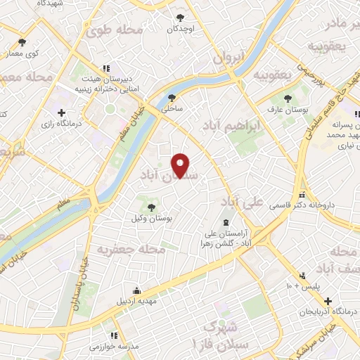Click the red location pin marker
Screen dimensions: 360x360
pos(181,166)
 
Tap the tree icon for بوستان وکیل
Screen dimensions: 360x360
pos(150,206)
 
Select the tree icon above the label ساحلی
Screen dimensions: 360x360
pos(172,98)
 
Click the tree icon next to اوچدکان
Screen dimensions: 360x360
pos(181,17)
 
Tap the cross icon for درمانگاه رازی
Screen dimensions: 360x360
pos(62,112)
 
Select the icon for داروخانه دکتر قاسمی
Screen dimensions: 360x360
pos(303,195)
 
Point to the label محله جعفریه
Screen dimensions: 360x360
pos(131,249)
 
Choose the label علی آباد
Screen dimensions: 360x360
pos(241,202)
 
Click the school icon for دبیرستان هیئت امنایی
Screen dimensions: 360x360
pos(106,68)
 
